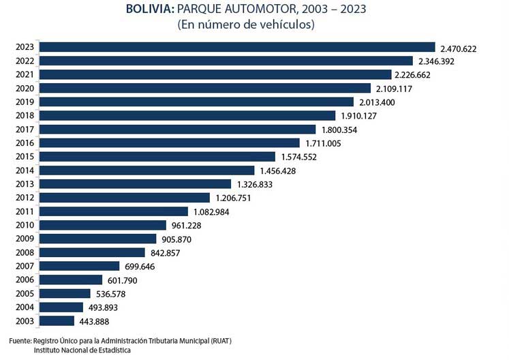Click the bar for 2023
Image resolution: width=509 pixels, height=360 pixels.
pos(237,47)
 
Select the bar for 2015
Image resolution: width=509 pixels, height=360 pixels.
pos(157,157)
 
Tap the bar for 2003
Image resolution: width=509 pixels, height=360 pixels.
pos(57,321)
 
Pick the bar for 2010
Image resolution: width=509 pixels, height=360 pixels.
pos(103,225)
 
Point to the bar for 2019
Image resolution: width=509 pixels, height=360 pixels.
pos(196,102)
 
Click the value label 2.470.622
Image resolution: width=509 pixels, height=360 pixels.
pos(459,49)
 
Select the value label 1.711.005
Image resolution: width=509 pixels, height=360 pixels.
pos(323,143)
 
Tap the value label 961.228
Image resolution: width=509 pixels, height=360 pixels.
pos(186,226)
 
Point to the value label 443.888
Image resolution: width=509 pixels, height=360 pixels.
pos(94,322)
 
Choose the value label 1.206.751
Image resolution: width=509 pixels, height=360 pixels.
pos(234,198)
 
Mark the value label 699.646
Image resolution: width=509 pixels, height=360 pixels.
pos(140,267)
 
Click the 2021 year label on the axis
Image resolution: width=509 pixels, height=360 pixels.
pos(25,74)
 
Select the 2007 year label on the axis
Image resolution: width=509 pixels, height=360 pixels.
pos(25,266)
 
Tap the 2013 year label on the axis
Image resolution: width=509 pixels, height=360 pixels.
pos(25,184)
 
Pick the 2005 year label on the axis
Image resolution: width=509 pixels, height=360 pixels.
pos(25,293)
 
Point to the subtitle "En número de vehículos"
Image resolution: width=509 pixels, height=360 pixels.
pos(247,25)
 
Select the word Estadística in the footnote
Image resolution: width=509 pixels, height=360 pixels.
pos(114,350)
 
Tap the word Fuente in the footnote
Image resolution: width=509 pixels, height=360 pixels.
pos(20,341)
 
